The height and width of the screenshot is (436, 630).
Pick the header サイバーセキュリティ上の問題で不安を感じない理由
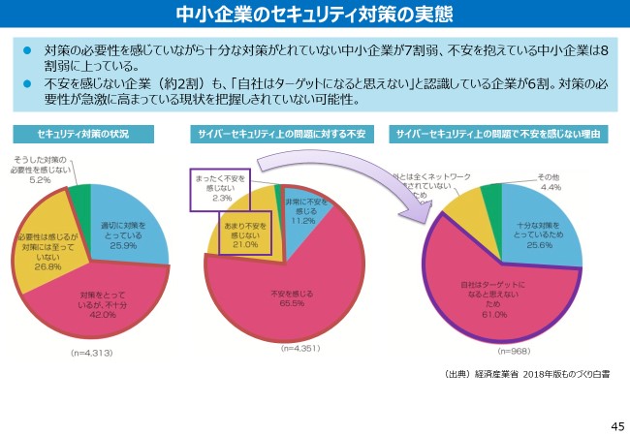point(498,133)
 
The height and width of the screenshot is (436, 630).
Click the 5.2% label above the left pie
point(40,179)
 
